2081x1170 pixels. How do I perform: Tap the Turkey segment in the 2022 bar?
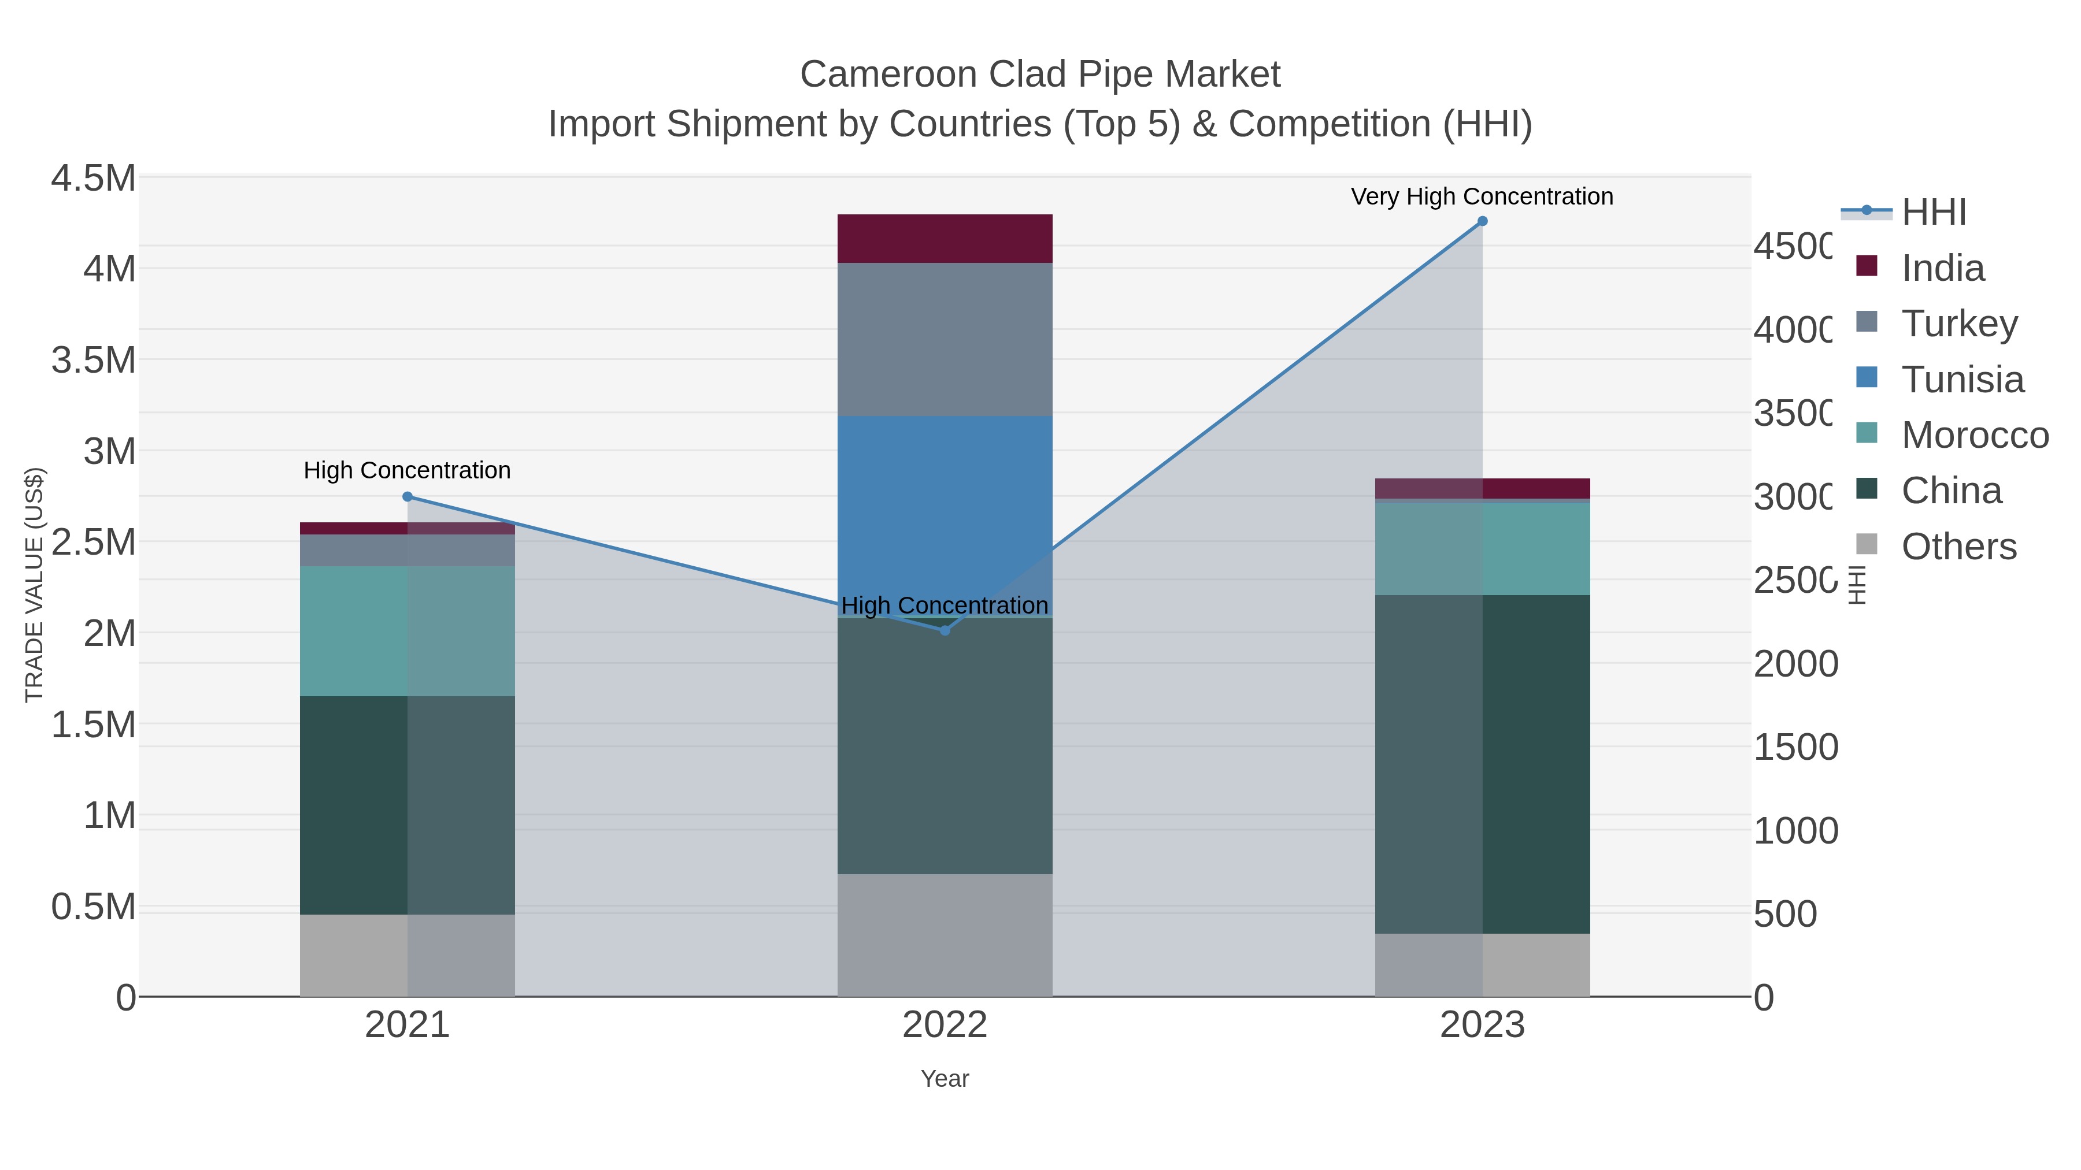click(945, 339)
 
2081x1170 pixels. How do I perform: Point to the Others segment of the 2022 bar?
click(945, 935)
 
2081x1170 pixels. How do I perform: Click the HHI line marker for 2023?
click(1482, 221)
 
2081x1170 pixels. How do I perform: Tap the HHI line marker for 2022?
click(945, 630)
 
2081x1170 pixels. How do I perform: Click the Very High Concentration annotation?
click(1482, 197)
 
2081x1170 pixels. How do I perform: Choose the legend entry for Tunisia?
click(1962, 380)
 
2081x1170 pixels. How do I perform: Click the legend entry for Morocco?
click(1975, 435)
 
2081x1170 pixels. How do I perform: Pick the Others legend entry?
click(1958, 547)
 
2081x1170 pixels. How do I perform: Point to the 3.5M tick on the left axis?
click(94, 360)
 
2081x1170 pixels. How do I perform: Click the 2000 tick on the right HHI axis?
click(1795, 664)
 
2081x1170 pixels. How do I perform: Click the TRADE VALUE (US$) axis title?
click(34, 585)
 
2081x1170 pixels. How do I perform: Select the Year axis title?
click(945, 1079)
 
